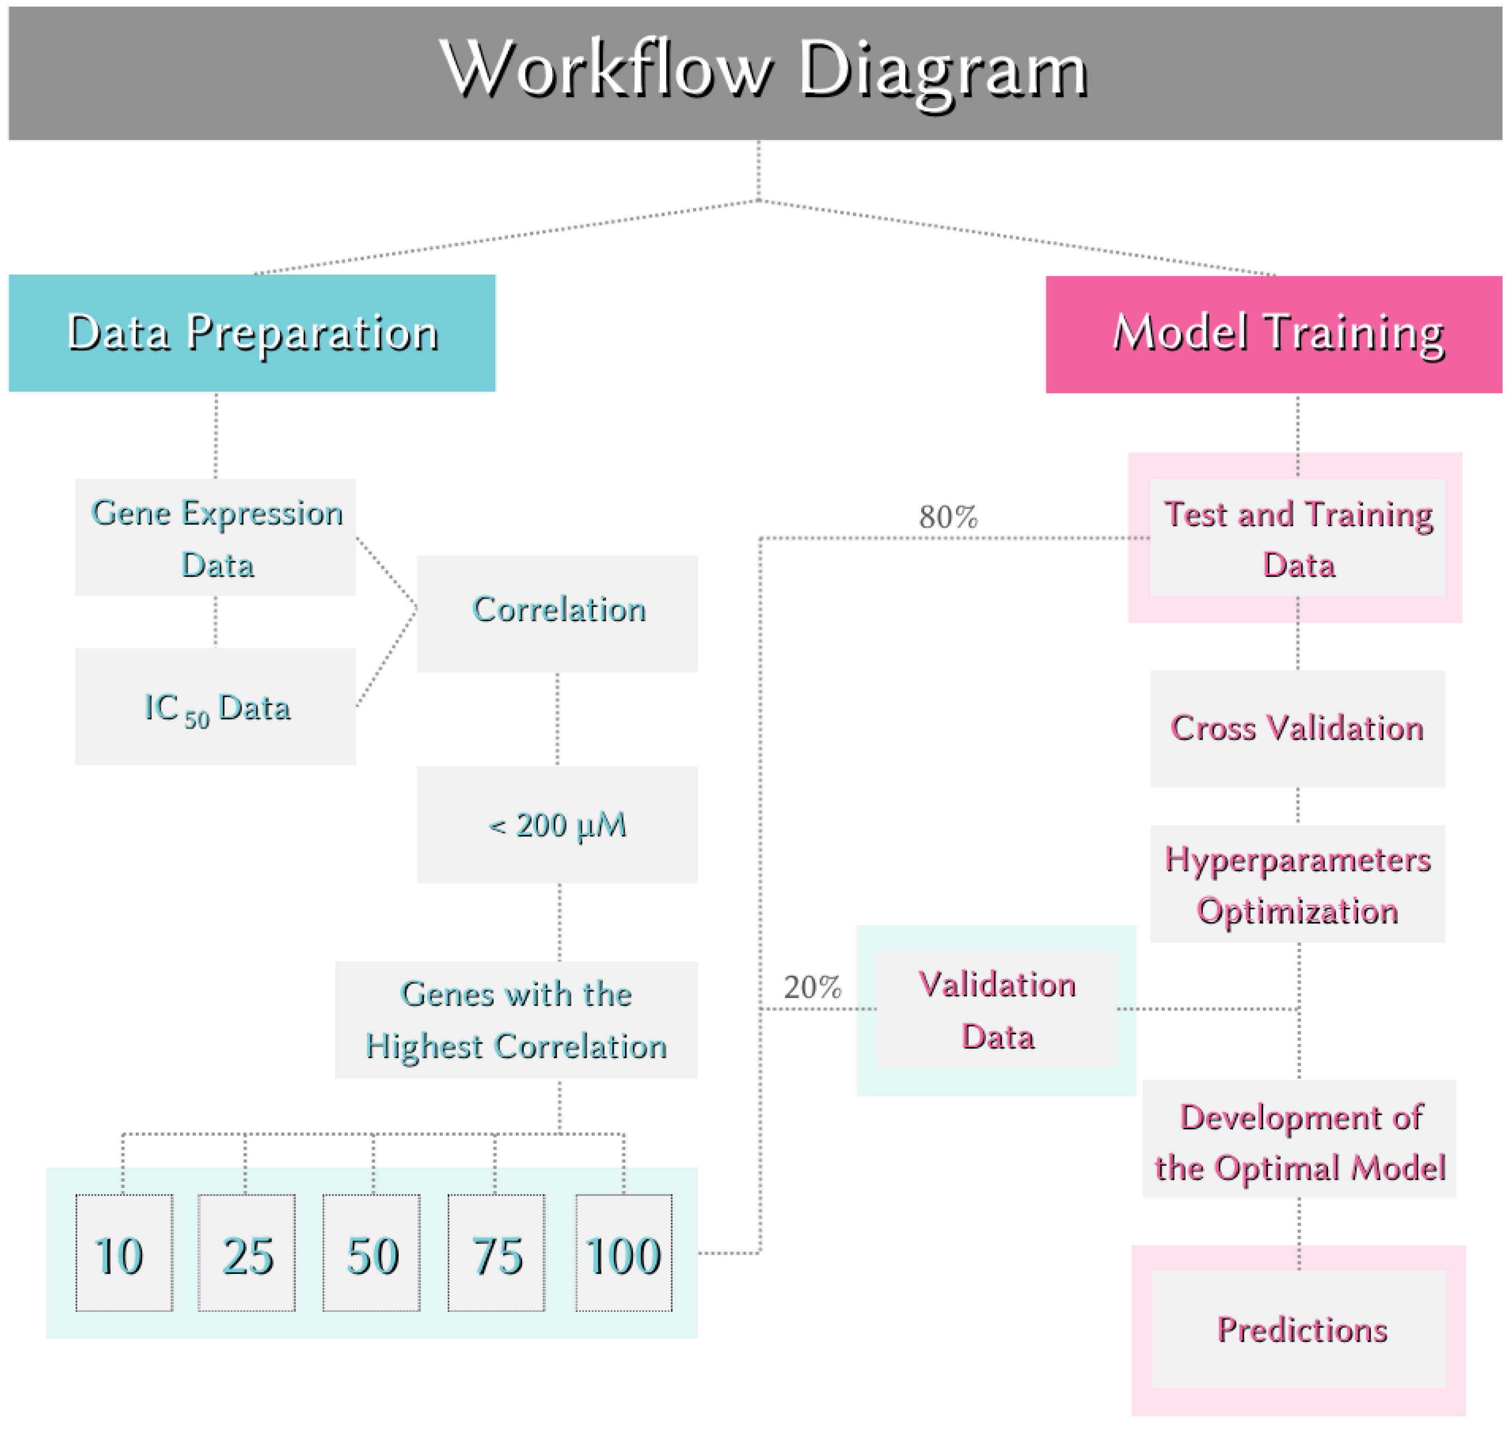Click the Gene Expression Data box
tap(216, 538)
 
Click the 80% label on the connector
tap(948, 517)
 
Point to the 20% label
tap(812, 988)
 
